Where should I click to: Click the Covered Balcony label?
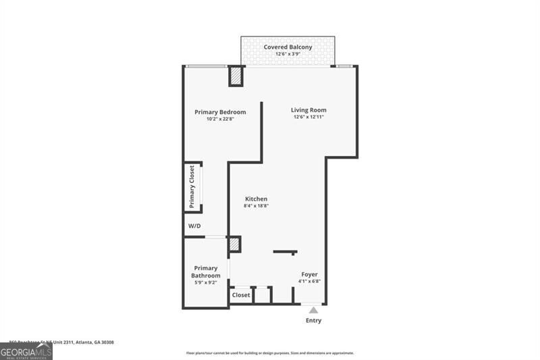(x=288, y=47)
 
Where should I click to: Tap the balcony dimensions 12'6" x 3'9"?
(x=288, y=55)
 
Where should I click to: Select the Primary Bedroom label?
(x=220, y=112)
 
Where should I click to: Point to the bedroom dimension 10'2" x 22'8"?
(x=220, y=120)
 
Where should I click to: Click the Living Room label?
(x=308, y=110)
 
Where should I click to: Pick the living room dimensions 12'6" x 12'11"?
(x=308, y=118)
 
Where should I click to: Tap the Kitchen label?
(x=256, y=199)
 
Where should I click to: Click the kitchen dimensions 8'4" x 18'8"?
(x=256, y=206)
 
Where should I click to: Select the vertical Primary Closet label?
(x=192, y=186)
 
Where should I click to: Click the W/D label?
(x=194, y=226)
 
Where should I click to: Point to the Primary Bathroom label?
(x=205, y=272)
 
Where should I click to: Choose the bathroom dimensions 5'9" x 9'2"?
(x=205, y=284)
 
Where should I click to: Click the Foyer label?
(x=309, y=274)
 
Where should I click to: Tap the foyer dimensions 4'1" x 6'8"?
(x=309, y=282)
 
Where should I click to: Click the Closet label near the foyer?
(x=241, y=295)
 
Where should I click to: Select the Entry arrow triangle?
(x=313, y=310)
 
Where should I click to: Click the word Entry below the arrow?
(x=313, y=320)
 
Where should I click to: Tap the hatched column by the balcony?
(x=236, y=76)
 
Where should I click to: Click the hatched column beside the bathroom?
(x=234, y=244)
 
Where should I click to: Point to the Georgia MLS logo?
(x=26, y=351)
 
